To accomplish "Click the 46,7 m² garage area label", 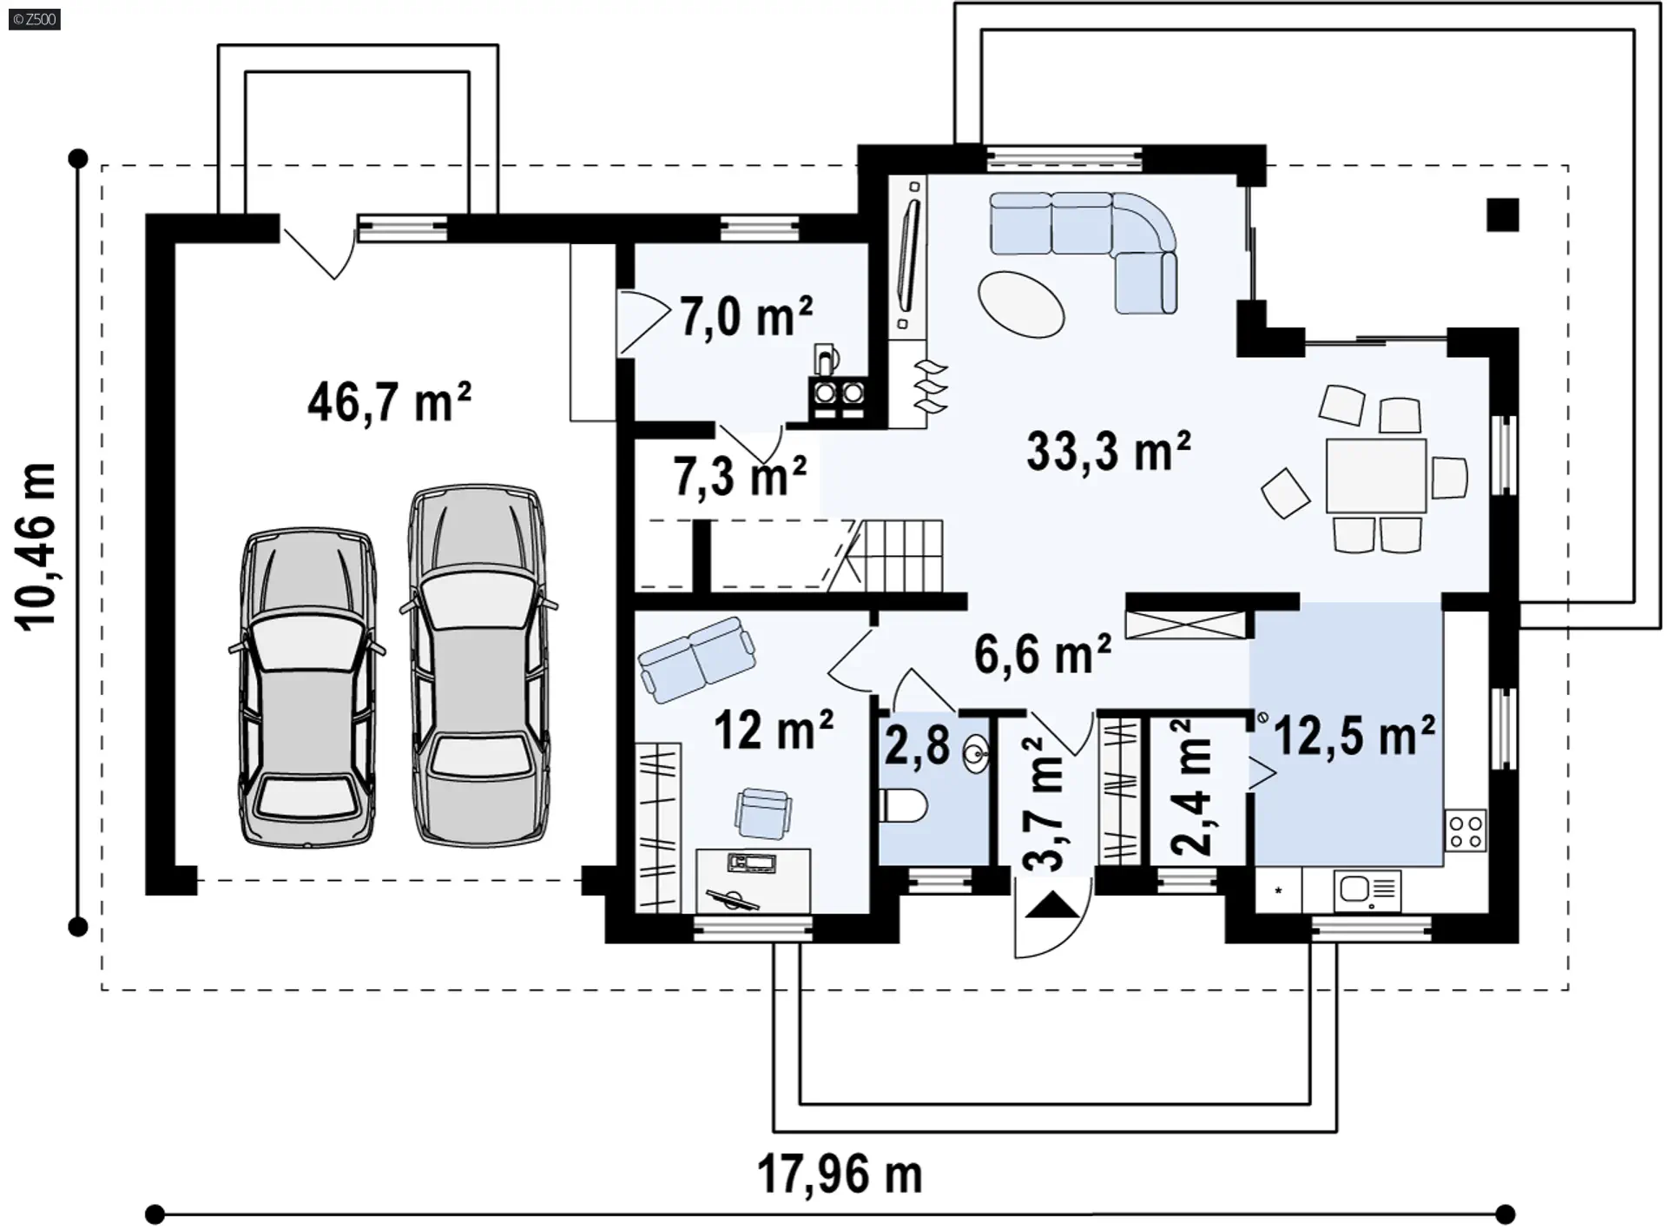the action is pyautogui.click(x=389, y=402).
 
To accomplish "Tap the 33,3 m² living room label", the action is pyautogui.click(x=1109, y=452).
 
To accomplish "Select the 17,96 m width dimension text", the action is pyautogui.click(x=840, y=1174).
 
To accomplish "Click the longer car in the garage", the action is pyautogui.click(x=478, y=665).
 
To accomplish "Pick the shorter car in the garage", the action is pyautogui.click(x=307, y=686).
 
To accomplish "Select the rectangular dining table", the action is pyautogui.click(x=1376, y=475).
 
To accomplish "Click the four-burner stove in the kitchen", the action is pyautogui.click(x=1466, y=830).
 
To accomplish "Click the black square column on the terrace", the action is pyautogui.click(x=1502, y=215).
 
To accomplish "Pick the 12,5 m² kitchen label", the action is pyautogui.click(x=1354, y=736).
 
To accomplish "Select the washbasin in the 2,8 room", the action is pyautogui.click(x=978, y=753).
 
